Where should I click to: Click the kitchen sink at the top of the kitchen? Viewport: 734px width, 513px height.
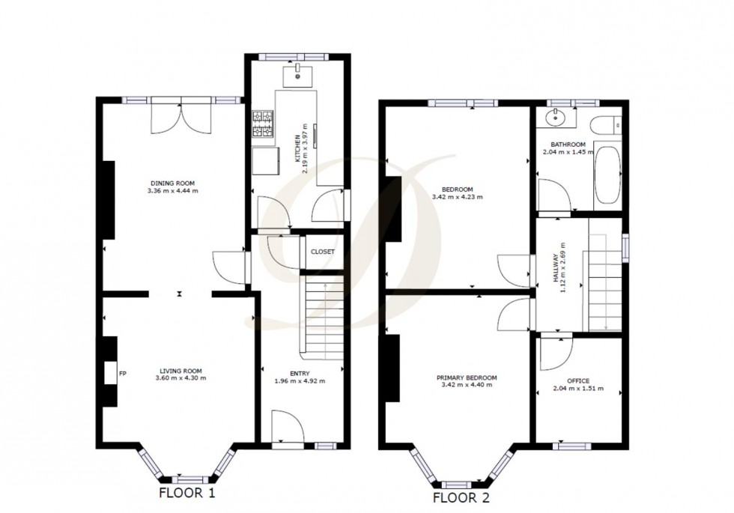pos(298,73)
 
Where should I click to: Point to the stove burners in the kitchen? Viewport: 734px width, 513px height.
pos(264,125)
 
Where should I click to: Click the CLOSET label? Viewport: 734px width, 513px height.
pos(322,252)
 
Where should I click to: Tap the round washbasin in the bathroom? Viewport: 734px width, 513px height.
pos(556,116)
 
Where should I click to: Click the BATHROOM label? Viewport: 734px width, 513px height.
pos(568,144)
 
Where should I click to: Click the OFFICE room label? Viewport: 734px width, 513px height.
pos(578,381)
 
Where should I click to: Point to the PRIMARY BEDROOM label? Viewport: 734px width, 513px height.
pos(467,377)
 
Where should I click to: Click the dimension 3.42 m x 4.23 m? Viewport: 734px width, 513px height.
pos(457,197)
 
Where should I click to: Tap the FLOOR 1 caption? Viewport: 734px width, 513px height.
pos(186,493)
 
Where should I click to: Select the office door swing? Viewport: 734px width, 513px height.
pos(555,352)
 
